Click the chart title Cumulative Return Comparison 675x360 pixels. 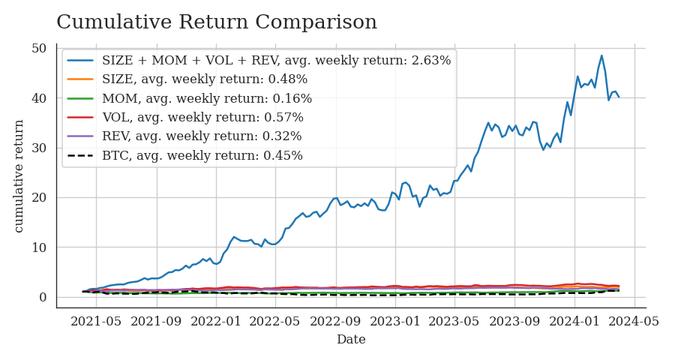pyautogui.click(x=217, y=22)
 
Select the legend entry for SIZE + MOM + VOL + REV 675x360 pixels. pyautogui.click(x=276, y=61)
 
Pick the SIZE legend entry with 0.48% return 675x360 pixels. pyautogui.click(x=205, y=79)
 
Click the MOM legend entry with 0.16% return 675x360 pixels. pyautogui.click(x=207, y=98)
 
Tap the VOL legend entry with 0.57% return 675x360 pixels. pyautogui.click(x=202, y=118)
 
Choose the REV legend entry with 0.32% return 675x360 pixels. pyautogui.click(x=202, y=136)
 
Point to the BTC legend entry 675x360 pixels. pyautogui.click(x=202, y=156)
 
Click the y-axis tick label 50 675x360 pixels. pyautogui.click(x=39, y=49)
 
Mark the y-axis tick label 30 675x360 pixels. pyautogui.click(x=39, y=148)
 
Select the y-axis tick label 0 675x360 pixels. pyautogui.click(x=43, y=298)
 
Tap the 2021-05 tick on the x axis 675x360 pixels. pyautogui.click(x=97, y=321)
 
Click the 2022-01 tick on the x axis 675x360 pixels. pyautogui.click(x=216, y=321)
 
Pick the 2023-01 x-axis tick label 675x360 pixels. pyautogui.click(x=396, y=321)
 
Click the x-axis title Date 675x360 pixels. pyautogui.click(x=351, y=340)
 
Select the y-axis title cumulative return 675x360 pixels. pyautogui.click(x=19, y=175)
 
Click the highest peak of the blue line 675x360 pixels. pyautogui.click(x=601, y=55)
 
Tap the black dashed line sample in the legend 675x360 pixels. pyautogui.click(x=81, y=156)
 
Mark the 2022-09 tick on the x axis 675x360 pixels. pyautogui.click(x=336, y=321)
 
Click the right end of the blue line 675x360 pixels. pyautogui.click(x=619, y=97)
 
